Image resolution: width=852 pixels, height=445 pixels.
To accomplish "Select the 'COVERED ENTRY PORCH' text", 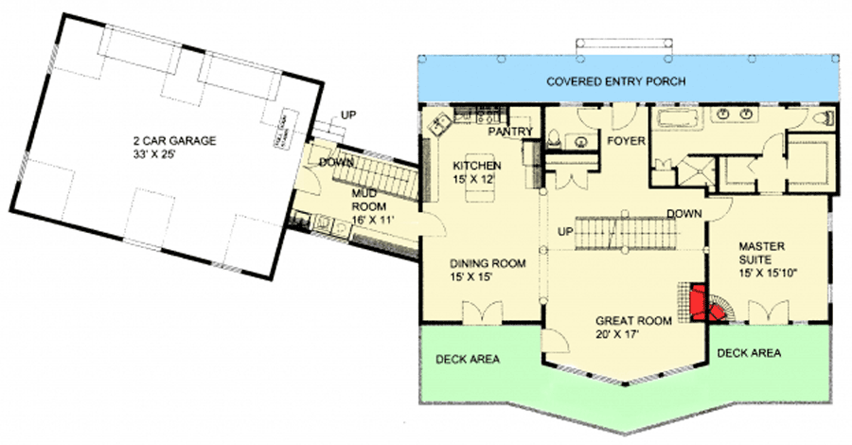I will click(x=616, y=80).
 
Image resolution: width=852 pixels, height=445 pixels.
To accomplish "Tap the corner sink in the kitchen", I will click(x=439, y=123).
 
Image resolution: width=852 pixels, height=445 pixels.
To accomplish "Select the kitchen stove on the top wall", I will click(x=487, y=117).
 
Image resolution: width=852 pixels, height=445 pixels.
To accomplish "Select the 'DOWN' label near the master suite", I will click(x=683, y=213).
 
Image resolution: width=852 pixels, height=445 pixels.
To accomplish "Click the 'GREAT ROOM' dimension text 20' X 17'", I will click(x=634, y=335).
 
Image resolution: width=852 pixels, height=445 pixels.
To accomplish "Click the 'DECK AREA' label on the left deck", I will click(x=468, y=359).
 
